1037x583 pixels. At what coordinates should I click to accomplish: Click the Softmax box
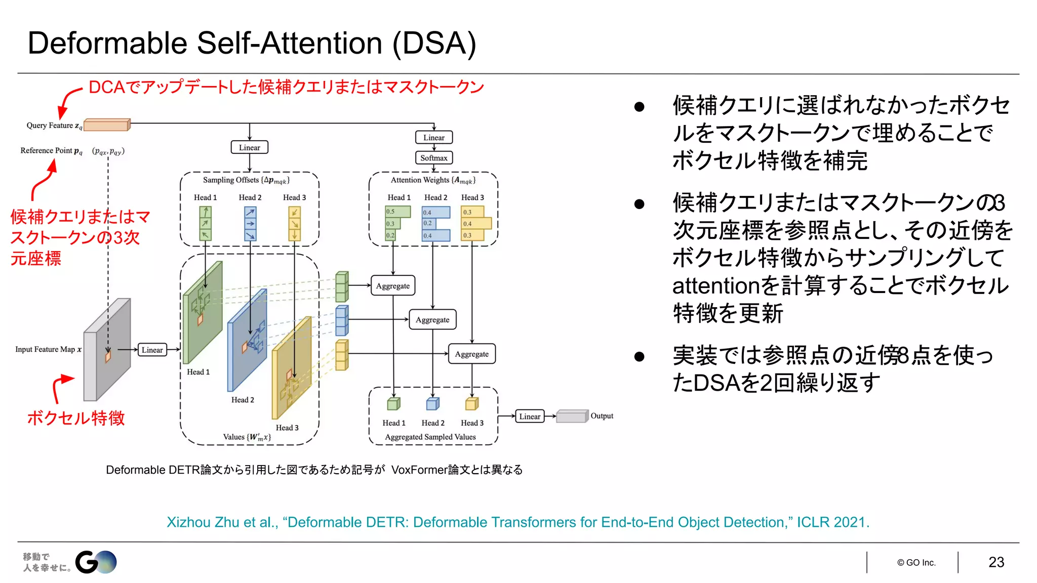pos(433,158)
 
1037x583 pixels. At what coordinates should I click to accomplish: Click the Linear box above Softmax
pos(433,138)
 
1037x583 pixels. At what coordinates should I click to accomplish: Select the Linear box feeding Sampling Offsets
pos(249,147)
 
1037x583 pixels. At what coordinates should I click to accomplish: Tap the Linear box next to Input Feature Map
pos(152,350)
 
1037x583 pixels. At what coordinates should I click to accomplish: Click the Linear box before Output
pos(530,417)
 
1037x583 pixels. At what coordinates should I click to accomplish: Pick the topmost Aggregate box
pos(393,286)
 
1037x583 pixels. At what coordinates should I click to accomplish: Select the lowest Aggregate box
pos(471,354)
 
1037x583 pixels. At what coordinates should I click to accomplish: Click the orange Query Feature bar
pos(106,124)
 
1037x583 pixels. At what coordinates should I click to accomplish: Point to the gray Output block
pos(572,417)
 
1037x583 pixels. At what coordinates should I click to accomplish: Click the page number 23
pos(996,562)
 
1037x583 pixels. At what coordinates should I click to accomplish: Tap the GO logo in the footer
pos(96,562)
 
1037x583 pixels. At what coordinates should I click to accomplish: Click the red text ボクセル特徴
pos(76,418)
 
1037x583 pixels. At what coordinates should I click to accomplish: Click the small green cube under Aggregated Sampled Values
pos(393,404)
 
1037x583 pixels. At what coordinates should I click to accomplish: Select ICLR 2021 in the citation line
pos(833,522)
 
